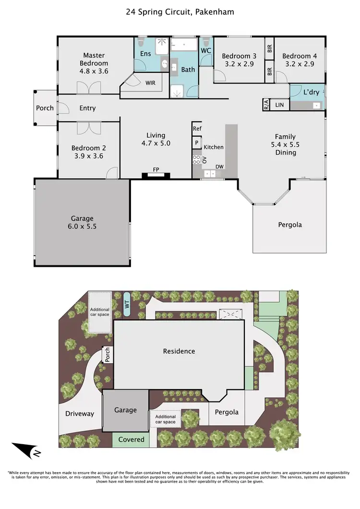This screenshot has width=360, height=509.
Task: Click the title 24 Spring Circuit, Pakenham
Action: click(x=180, y=12)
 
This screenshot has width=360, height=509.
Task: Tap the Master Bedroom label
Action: click(x=94, y=59)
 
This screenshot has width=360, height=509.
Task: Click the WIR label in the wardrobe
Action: click(x=150, y=83)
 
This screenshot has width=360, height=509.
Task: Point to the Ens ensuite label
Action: click(x=145, y=54)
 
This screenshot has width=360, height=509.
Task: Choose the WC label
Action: click(x=206, y=50)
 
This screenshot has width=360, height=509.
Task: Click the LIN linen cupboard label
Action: click(x=280, y=105)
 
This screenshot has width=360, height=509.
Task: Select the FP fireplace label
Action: click(x=156, y=170)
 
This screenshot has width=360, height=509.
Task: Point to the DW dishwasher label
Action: click(x=219, y=167)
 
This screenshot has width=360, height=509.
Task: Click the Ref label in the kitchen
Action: click(x=197, y=129)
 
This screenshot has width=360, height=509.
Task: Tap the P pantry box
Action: click(x=196, y=142)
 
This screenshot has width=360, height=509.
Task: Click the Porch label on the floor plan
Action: click(x=45, y=108)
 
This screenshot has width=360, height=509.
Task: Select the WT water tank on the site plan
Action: click(x=127, y=304)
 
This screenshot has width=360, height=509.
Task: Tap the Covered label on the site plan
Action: click(x=131, y=439)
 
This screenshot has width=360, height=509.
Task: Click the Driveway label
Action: click(x=80, y=414)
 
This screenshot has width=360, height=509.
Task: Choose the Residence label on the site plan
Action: click(x=179, y=351)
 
